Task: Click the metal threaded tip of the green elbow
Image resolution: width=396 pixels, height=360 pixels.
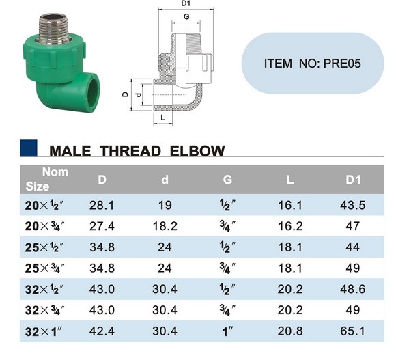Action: [54, 29]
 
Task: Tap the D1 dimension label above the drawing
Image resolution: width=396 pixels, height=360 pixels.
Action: [186, 3]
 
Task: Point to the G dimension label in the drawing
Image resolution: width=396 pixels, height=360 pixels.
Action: [186, 16]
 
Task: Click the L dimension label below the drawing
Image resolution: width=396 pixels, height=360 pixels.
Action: [163, 117]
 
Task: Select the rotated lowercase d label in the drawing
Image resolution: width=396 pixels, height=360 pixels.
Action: [138, 95]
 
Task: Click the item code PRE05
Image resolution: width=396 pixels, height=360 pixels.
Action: [342, 63]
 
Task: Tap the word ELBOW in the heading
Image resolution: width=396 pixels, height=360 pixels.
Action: [197, 151]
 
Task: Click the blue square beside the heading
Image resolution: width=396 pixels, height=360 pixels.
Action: [29, 148]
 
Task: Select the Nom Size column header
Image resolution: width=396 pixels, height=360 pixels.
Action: [46, 179]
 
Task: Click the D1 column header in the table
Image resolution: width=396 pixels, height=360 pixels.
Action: [353, 180]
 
